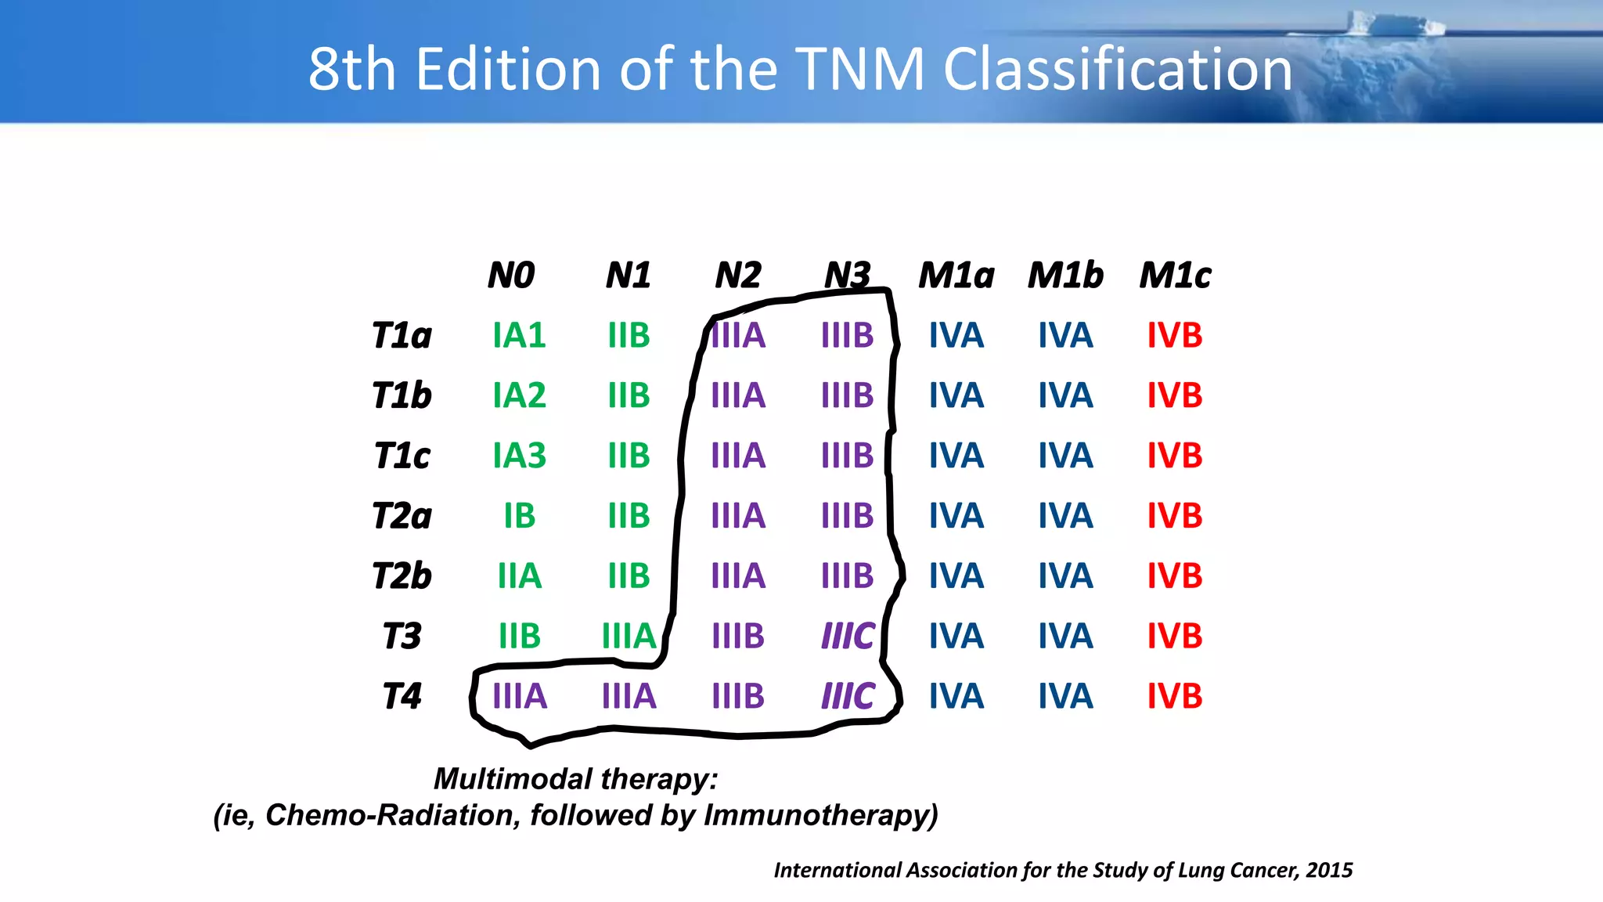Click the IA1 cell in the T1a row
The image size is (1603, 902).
coord(519,335)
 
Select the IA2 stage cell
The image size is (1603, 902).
coord(519,395)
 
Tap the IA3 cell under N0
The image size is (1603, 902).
coord(519,456)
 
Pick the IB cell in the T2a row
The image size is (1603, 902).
coord(519,515)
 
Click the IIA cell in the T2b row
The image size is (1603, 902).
coord(519,575)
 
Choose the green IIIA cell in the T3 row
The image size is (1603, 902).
coord(629,636)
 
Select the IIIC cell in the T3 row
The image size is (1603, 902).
coord(848,636)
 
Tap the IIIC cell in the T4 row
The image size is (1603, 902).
coord(848,696)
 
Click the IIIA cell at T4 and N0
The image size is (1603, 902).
coord(519,696)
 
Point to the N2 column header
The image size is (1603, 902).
coord(738,275)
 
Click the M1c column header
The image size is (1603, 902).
coord(1175,275)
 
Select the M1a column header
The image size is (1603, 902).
coord(956,275)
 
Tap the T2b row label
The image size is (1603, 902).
coord(402,575)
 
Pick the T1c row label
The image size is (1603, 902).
coord(402,456)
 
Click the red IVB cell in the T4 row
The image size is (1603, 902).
coord(1175,696)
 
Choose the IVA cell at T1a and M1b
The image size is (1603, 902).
coord(1065,335)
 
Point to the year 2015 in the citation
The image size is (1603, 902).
coord(1329,870)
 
